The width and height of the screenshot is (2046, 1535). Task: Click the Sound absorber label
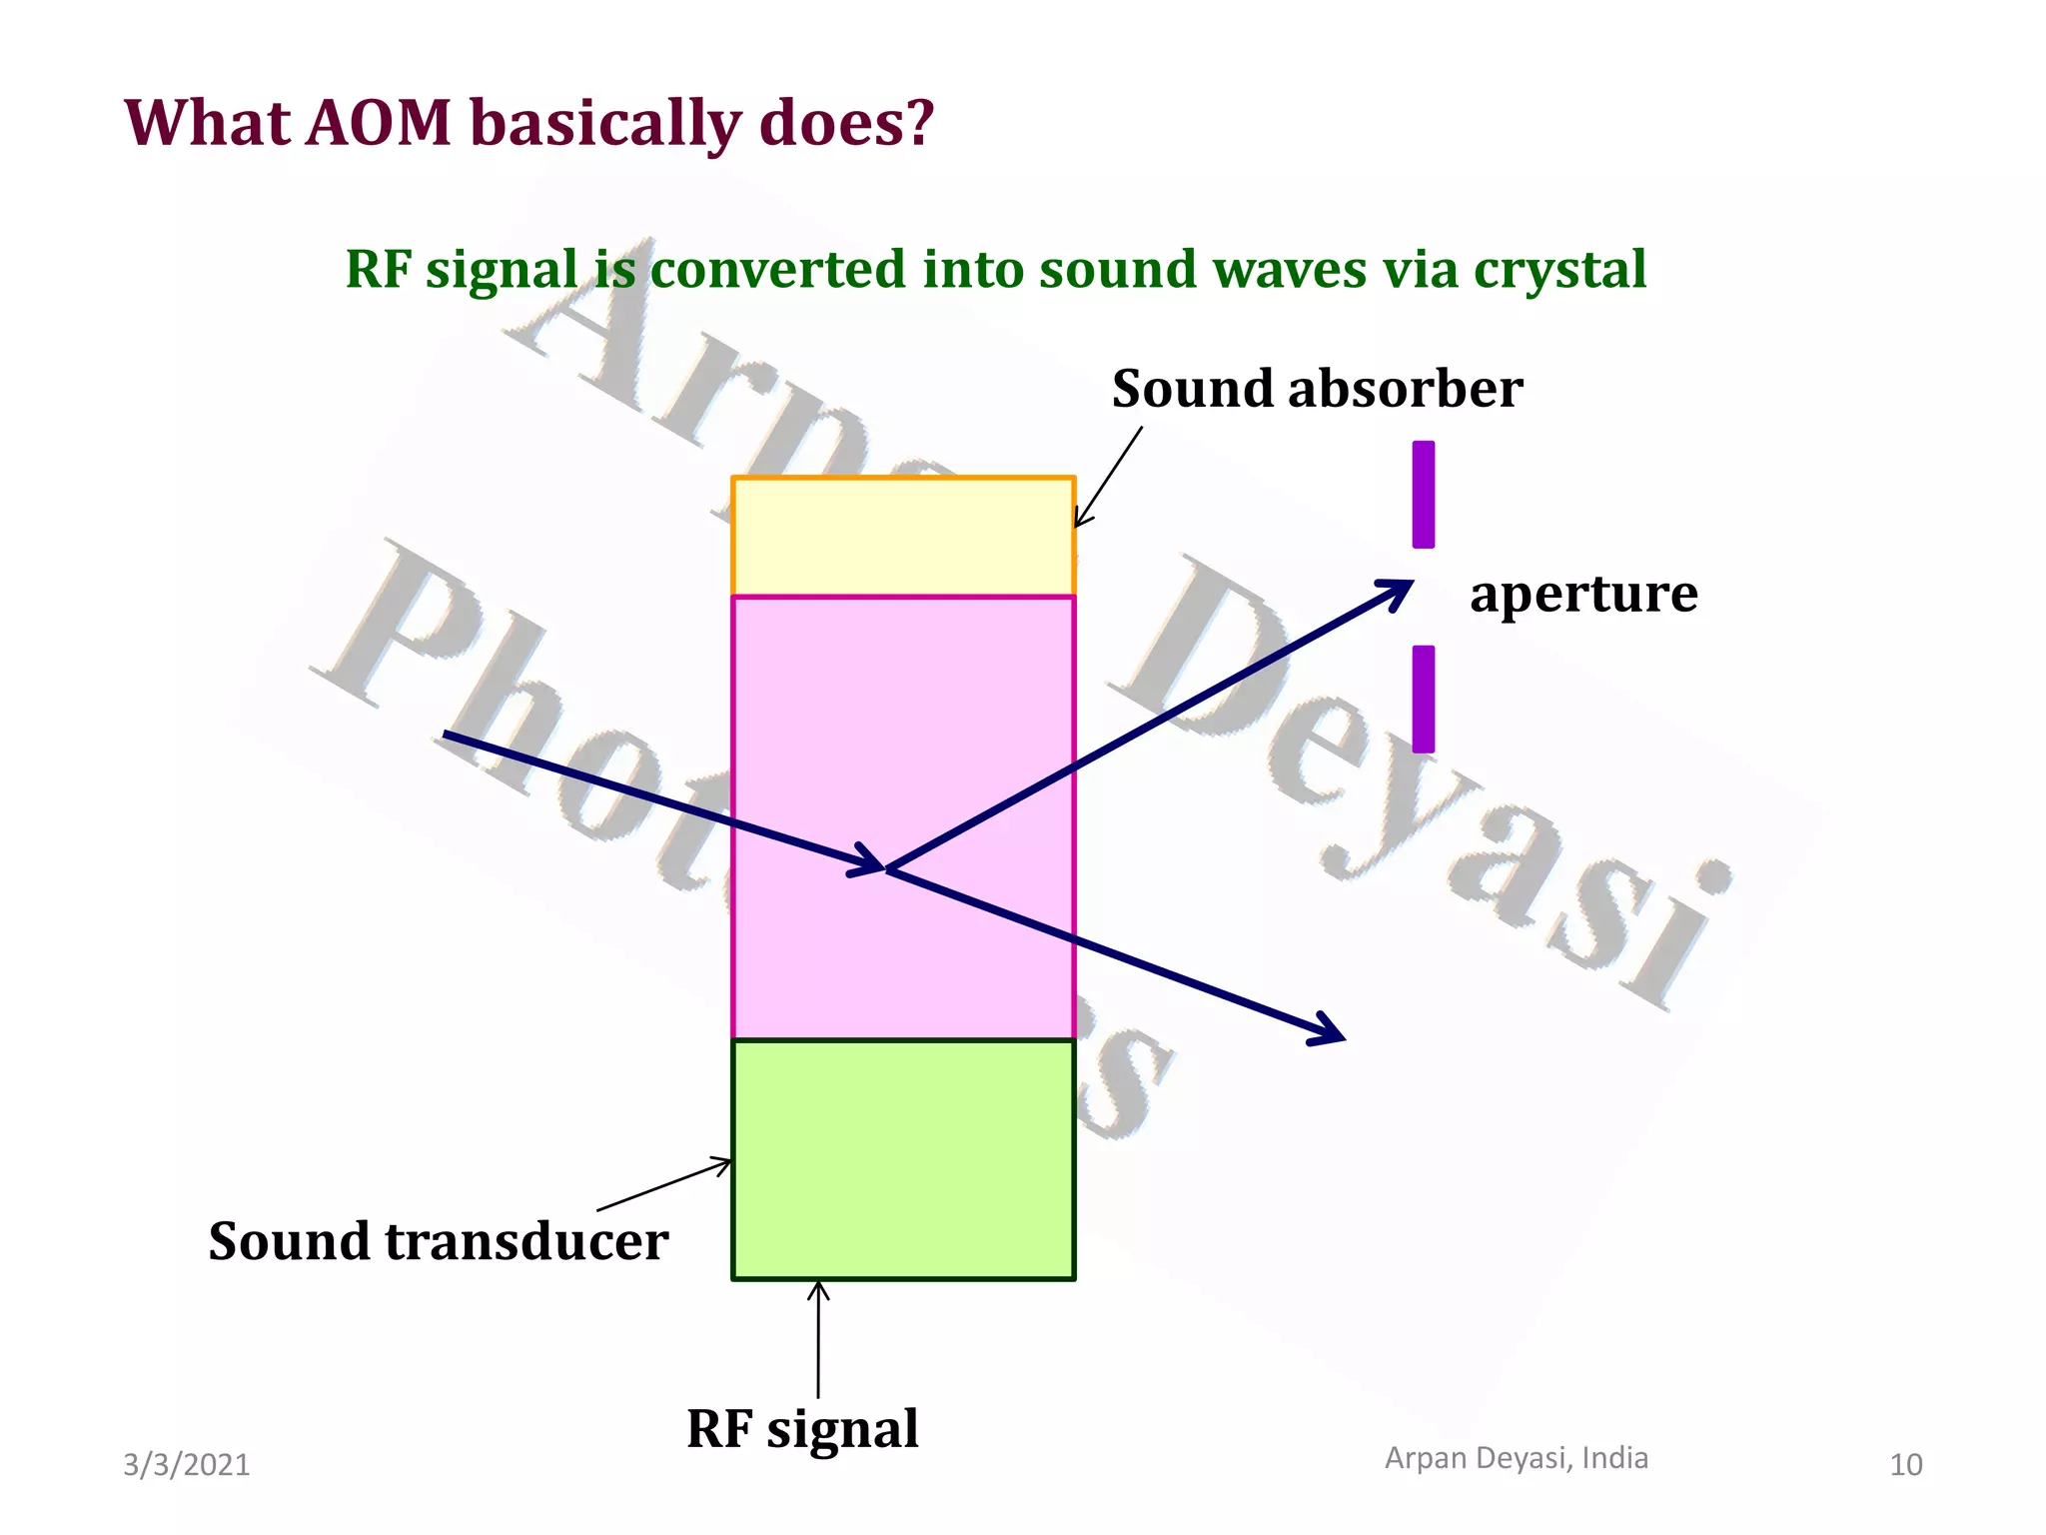[x=1317, y=389]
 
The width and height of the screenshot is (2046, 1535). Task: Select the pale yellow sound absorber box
[x=903, y=537]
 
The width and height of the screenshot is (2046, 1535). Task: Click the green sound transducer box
[x=903, y=1159]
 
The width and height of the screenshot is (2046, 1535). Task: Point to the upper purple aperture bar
[x=1423, y=495]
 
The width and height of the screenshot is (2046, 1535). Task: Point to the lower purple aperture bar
[x=1423, y=699]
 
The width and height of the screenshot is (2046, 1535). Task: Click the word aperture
[x=1583, y=594]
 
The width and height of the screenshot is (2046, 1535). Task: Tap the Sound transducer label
[x=438, y=1242]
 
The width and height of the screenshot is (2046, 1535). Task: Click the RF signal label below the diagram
[x=802, y=1429]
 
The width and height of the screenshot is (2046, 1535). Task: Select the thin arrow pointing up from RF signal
[x=818, y=1339]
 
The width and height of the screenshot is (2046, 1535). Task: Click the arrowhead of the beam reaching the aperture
[x=1399, y=590]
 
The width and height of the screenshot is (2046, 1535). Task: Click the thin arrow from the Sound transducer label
[x=664, y=1185]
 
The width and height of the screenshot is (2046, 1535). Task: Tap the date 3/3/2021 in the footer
[x=186, y=1465]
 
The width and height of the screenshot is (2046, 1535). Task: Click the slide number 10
[x=1905, y=1465]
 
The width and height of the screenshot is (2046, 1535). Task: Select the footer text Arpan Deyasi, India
[x=1516, y=1458]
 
